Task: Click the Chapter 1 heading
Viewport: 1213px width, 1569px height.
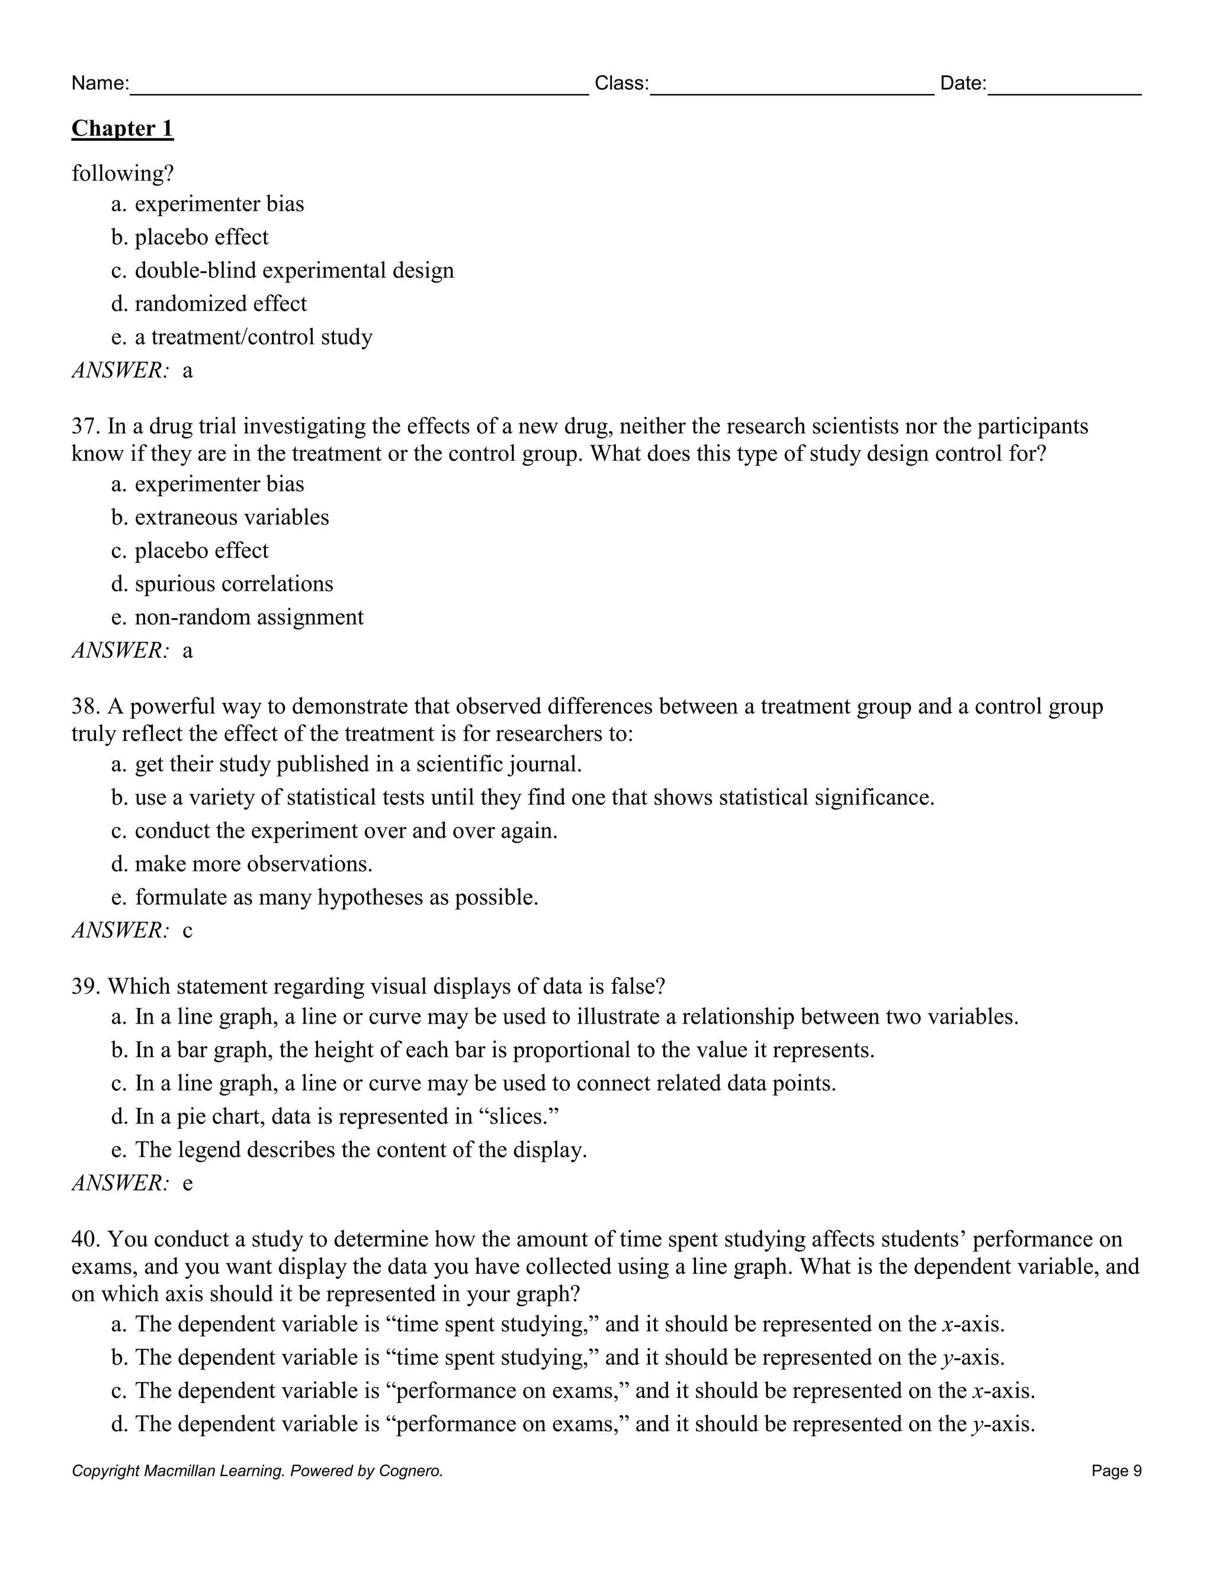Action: point(122,128)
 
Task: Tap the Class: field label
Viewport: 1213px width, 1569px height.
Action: point(621,83)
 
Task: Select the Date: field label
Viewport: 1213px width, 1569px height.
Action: point(963,83)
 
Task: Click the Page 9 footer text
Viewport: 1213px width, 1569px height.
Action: point(1116,1471)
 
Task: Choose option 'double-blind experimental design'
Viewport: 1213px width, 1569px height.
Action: point(294,270)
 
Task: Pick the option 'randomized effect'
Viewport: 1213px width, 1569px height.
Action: point(220,303)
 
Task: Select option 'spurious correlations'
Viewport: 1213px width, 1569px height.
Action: point(233,583)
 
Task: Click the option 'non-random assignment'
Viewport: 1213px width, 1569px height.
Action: point(249,617)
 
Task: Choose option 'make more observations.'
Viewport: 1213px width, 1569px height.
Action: point(253,863)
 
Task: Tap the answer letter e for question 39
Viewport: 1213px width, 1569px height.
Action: point(188,1183)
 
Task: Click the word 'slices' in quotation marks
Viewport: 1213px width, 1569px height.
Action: point(518,1117)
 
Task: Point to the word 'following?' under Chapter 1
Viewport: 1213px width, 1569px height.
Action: point(123,174)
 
